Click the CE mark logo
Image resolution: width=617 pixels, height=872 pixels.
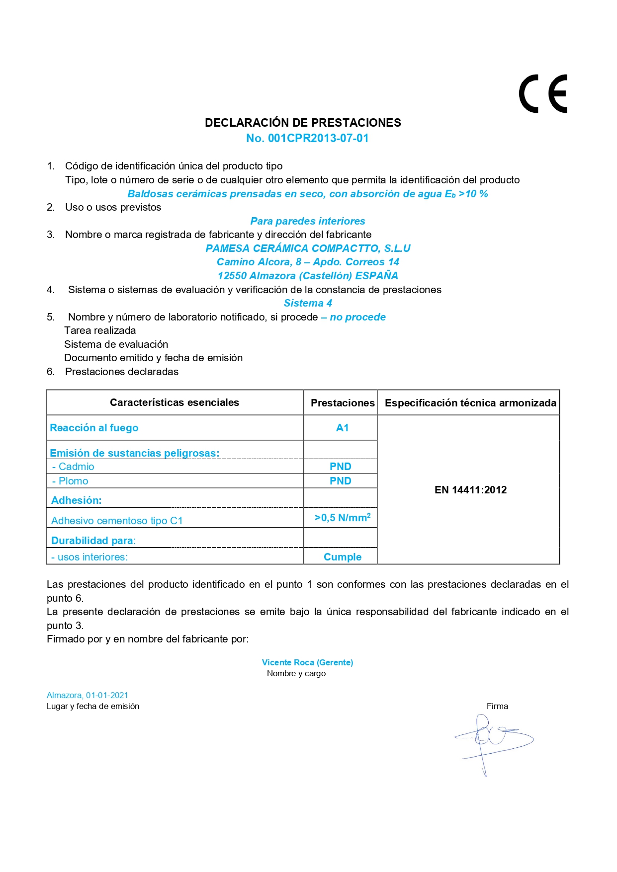543,94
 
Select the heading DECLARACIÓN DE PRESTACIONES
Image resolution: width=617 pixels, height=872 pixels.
303,123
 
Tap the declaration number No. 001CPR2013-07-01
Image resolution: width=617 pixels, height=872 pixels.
307,139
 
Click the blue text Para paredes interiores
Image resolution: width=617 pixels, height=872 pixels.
307,221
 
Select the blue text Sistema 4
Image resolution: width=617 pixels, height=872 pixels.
308,303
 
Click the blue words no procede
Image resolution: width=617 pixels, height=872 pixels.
357,317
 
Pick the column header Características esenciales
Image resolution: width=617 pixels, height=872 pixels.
175,402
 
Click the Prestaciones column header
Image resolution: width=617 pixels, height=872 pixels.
342,403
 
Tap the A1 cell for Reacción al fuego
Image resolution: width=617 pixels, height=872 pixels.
342,428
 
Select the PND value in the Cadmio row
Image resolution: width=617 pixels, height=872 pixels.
341,467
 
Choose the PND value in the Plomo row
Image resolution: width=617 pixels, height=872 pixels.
341,481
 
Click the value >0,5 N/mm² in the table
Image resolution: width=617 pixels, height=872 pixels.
343,518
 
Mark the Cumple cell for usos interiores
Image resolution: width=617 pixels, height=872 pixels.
343,557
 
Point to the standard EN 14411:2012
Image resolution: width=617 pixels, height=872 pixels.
470,490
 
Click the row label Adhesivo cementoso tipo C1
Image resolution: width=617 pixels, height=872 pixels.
117,521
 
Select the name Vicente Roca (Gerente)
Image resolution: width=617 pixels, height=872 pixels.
307,662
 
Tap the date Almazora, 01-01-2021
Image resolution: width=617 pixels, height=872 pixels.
88,695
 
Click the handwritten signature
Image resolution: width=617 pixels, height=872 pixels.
492,740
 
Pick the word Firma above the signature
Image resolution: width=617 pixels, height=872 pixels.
497,706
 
